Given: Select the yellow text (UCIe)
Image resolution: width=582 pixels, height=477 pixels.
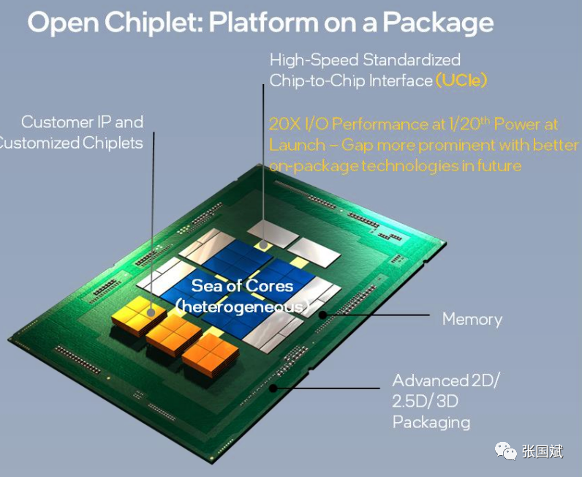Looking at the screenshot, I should pos(461,80).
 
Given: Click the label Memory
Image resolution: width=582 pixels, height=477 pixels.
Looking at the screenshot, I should pos(472,319).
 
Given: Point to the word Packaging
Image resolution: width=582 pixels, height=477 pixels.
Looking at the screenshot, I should pos(431,422).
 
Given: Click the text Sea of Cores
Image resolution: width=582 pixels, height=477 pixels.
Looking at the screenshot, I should pos(242,285).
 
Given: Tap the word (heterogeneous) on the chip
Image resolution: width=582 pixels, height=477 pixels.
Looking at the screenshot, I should pos(242,307).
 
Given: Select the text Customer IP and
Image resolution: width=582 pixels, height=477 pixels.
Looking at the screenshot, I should pos(82,122).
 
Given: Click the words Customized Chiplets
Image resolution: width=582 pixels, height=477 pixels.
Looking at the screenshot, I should pos(72,143).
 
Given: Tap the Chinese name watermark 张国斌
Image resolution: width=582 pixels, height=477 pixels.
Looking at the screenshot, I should pos(543,452).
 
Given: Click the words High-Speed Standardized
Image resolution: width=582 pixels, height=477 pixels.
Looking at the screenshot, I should pos(365,59).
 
